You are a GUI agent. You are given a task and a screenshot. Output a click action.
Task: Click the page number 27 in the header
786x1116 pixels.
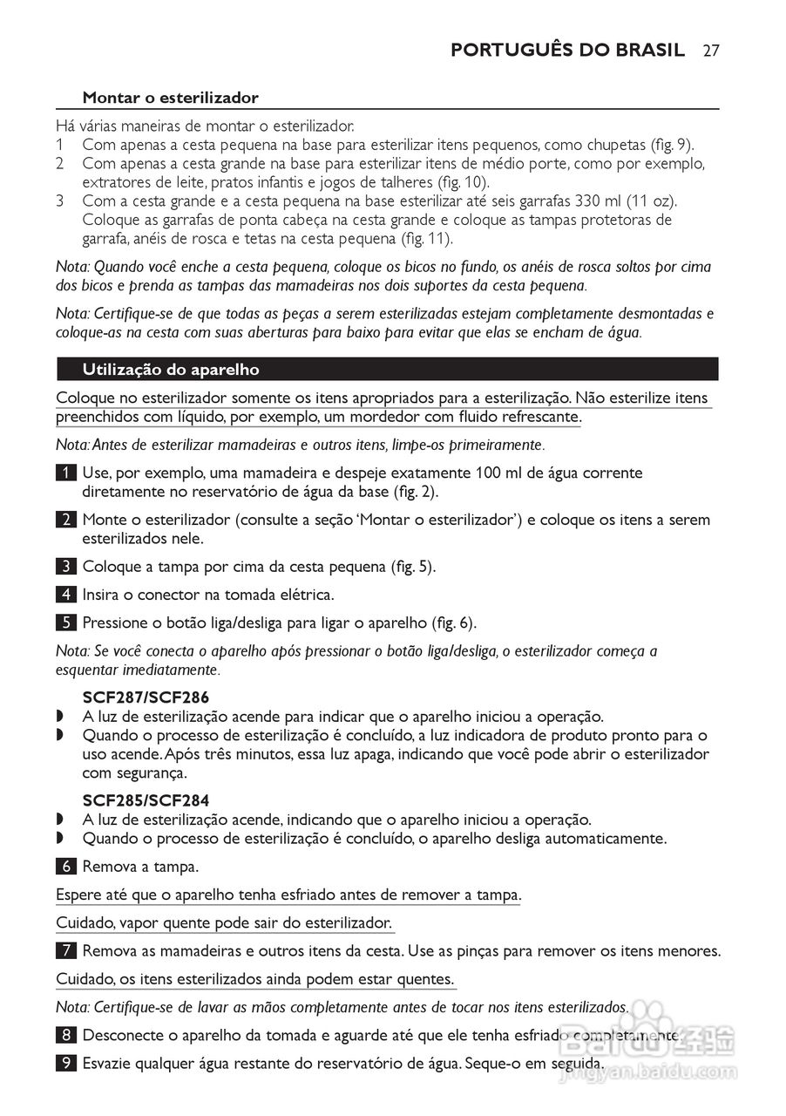pos(710,50)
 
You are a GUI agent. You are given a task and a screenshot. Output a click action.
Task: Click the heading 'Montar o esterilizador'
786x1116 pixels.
pos(170,98)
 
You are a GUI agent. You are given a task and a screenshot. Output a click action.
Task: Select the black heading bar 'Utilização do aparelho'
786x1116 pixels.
pos(387,369)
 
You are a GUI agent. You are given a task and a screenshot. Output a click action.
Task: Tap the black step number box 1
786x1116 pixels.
pos(65,473)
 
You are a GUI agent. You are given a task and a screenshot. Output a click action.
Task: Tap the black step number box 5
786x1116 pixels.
pos(65,623)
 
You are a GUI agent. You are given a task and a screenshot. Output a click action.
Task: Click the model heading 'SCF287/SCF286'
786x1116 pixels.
pos(146,697)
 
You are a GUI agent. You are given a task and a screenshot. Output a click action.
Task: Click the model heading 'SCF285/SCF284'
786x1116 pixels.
pos(146,800)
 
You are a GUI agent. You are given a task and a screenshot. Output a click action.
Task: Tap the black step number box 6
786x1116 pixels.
pos(65,867)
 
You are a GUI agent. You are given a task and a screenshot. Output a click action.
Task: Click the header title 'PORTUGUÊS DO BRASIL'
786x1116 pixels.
pos(567,50)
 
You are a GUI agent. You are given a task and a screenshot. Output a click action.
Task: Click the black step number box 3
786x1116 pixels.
pos(65,567)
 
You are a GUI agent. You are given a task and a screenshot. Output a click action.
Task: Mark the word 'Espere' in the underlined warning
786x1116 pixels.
pos(79,895)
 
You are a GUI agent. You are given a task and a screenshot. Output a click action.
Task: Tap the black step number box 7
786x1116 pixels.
pos(65,950)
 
